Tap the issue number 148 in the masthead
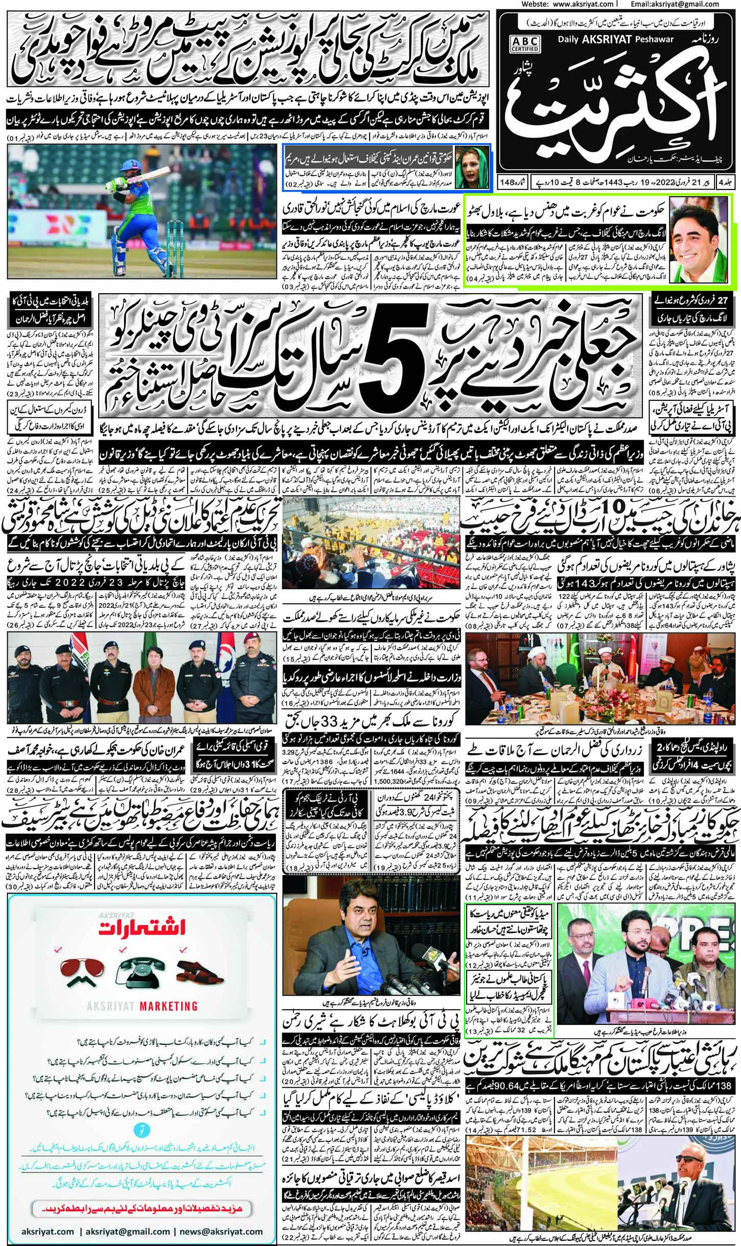505,181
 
